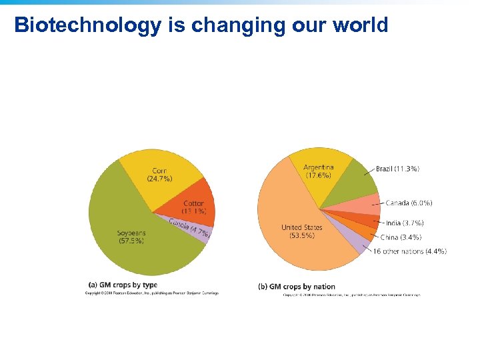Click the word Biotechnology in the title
point(87,25)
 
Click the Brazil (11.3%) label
point(397,169)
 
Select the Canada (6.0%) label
point(409,203)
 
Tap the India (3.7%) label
point(404,223)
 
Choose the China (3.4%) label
point(401,237)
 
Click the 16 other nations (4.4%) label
point(409,251)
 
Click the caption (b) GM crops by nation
point(297,287)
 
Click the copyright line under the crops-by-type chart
point(151,293)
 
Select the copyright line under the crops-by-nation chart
point(351,294)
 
